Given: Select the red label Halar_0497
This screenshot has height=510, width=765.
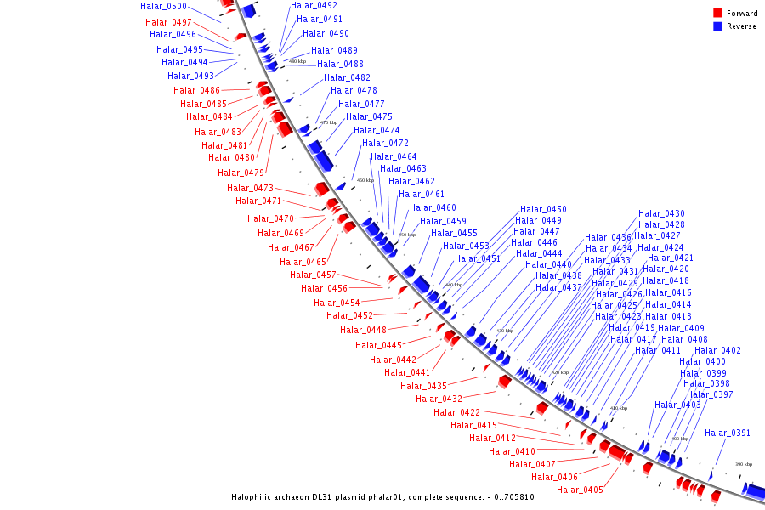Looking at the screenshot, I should coord(168,22).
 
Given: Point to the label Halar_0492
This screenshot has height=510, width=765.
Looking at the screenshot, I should coord(314,5).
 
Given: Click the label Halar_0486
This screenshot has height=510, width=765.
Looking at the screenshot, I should coord(196,90).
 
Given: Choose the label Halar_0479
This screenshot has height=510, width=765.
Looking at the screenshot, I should coord(241,173).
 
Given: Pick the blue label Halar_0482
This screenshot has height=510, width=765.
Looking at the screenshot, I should coord(347,77).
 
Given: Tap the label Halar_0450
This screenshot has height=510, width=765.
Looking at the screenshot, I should coord(543,209).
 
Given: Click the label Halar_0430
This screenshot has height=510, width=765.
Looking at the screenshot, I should coord(661,213).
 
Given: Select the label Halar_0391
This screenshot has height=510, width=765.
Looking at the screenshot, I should coord(728,433).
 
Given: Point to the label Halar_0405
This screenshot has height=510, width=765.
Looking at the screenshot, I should coord(580,490).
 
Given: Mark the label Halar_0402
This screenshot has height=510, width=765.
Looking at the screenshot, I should coord(717,350).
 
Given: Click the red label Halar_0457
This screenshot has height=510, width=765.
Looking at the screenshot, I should coord(313,275).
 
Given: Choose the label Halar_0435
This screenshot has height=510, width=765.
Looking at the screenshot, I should coord(423,386).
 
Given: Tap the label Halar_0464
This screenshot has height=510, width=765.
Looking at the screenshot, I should coord(394,156).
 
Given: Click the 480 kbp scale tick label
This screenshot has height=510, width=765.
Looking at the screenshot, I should coord(297,61).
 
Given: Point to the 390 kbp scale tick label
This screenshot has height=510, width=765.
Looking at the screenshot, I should coord(744,464).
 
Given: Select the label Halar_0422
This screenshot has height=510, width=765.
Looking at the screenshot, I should coord(456,412).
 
